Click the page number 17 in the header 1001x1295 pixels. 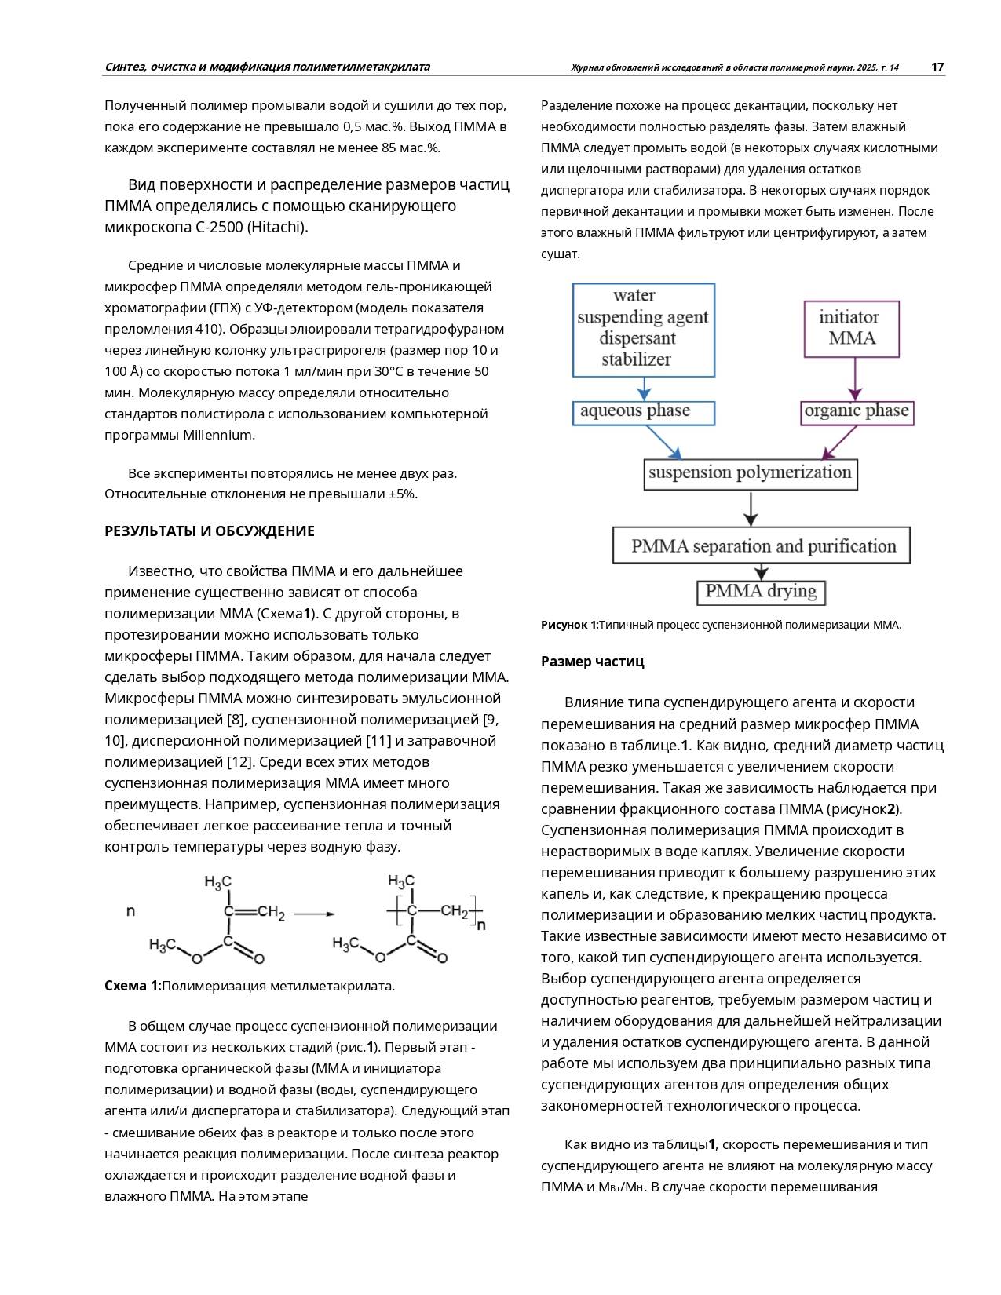pyautogui.click(x=937, y=67)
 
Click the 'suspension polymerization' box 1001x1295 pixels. pyautogui.click(x=750, y=473)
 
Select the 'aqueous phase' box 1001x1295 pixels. pyautogui.click(x=643, y=413)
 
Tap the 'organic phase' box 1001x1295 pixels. pyautogui.click(x=857, y=413)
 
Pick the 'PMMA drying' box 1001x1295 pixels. pyautogui.click(x=761, y=592)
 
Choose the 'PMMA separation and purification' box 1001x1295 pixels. pyautogui.click(x=761, y=546)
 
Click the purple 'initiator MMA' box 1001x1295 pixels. pyautogui.click(x=852, y=329)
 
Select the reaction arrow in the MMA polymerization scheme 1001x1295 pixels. pyautogui.click(x=314, y=914)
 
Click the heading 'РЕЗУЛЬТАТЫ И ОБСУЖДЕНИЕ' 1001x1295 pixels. pyautogui.click(x=210, y=531)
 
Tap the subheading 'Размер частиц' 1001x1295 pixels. pyautogui.click(x=592, y=662)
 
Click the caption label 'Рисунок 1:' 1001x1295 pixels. pyautogui.click(x=569, y=625)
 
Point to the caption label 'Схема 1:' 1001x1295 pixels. pyautogui.click(x=133, y=986)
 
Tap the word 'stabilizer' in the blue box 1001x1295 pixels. pyautogui.click(x=636, y=360)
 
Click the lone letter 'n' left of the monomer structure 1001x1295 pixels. pyautogui.click(x=130, y=911)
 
